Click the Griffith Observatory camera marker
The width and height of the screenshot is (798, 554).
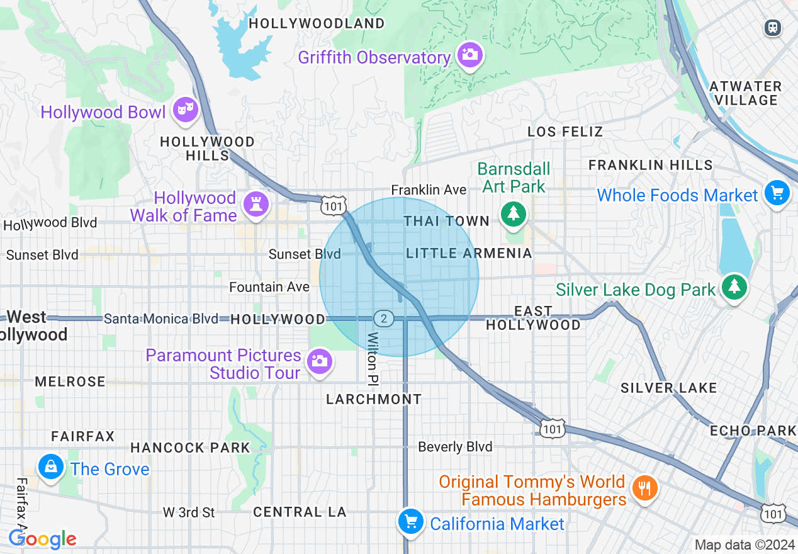469,55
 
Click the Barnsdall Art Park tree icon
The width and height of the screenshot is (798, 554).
514,213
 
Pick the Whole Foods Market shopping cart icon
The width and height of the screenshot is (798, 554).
777,193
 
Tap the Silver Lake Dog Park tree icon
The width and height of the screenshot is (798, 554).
734,286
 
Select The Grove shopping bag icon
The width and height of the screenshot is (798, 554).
50,466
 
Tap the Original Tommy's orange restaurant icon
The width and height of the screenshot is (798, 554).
644,488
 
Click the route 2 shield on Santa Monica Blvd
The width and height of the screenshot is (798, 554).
383,318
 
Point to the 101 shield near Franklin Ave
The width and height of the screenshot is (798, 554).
332,205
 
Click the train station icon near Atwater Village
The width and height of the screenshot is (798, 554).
772,28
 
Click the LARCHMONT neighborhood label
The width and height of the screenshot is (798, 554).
374,399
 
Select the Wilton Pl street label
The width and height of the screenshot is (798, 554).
373,359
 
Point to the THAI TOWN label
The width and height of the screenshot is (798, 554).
446,221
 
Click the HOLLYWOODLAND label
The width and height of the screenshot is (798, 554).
317,24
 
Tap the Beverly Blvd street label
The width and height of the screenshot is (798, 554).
455,447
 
